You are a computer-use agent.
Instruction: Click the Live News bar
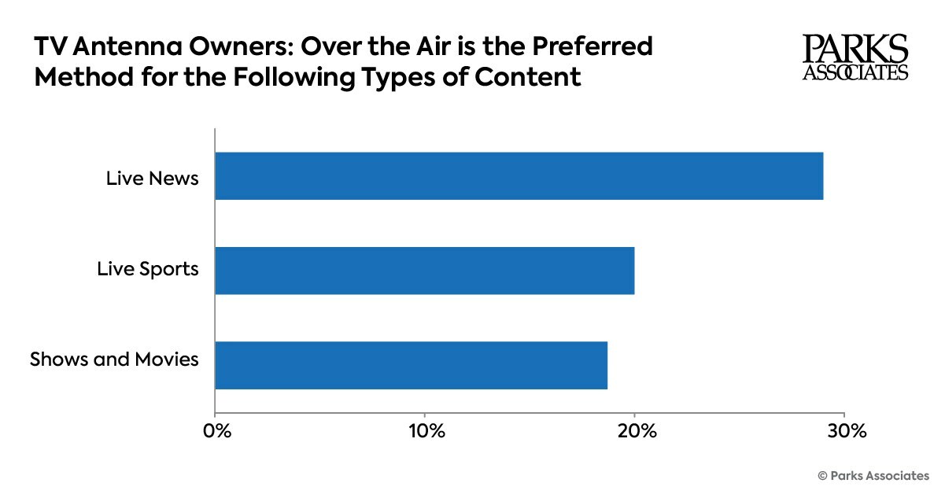coord(519,176)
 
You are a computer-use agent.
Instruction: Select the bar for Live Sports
coord(424,271)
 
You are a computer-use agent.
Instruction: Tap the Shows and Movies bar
coord(411,365)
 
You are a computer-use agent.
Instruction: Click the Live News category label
coord(153,179)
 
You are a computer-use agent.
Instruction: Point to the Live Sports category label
coord(148,270)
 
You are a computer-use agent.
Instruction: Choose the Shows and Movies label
coord(114,360)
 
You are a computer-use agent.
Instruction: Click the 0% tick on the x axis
coord(216,432)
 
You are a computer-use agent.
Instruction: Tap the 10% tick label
coord(426,432)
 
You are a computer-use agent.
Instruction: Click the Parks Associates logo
coord(855,57)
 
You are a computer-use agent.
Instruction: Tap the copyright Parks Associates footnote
coord(873,475)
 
